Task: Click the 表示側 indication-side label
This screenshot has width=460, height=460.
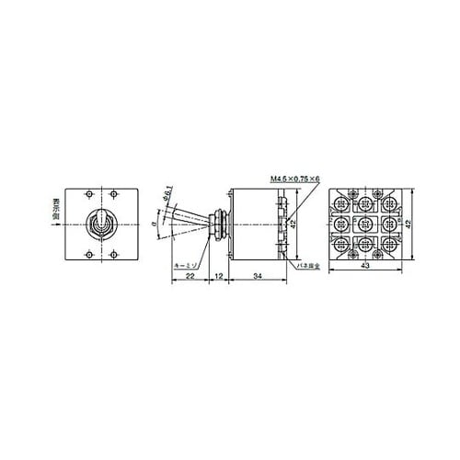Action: click(56, 211)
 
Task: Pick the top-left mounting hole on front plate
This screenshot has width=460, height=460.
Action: click(86, 192)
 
